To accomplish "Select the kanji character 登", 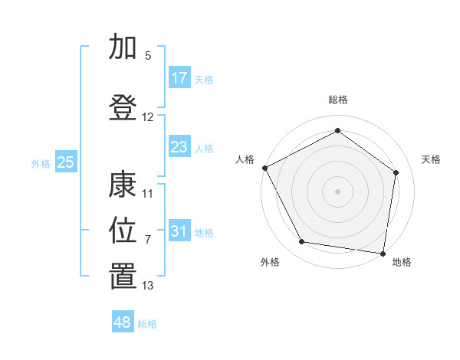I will (123, 106).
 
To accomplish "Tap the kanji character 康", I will (123, 185).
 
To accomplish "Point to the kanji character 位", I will (123, 229).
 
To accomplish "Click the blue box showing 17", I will (179, 78).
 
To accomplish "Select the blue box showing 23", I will (179, 147).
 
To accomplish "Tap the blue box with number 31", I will (179, 231).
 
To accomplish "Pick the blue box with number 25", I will (65, 162).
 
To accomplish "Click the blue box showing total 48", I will (123, 322).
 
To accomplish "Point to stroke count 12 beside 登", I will (148, 117).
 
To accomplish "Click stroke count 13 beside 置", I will (148, 286).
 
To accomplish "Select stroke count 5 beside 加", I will (148, 56).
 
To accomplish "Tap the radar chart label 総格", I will (337, 100).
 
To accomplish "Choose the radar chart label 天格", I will (432, 159).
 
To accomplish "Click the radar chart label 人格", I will (245, 159).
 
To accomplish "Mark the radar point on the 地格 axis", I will (383, 253).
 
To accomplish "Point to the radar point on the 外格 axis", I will (302, 242).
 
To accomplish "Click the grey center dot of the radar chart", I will (337, 191).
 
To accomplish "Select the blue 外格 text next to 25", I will (40, 163).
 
